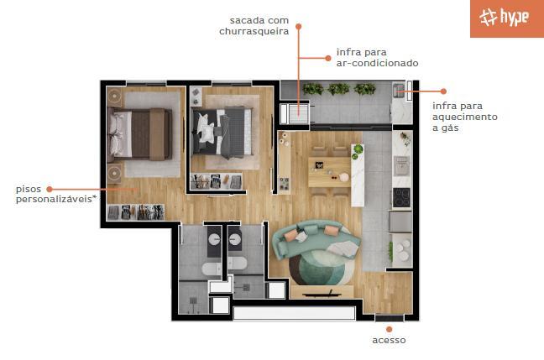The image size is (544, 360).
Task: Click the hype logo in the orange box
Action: tap(504, 17)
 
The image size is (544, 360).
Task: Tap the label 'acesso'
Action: tap(389, 340)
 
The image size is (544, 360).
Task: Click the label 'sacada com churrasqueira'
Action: tap(254, 26)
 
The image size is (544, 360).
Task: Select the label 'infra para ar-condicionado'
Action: tap(377, 58)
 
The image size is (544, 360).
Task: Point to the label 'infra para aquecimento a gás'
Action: tap(465, 117)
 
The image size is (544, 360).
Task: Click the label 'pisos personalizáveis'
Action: tap(55, 194)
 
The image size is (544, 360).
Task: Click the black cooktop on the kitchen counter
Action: tap(401, 197)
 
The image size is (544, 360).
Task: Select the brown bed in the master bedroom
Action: tap(140, 134)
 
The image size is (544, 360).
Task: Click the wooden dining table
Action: tap(329, 172)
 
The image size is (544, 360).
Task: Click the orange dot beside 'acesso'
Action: tap(389, 329)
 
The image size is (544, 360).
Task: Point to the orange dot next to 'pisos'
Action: tap(50, 189)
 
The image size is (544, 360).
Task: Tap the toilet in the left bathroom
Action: tap(212, 268)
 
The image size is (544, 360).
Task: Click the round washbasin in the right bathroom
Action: tap(235, 239)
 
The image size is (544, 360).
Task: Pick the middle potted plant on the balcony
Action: tap(338, 89)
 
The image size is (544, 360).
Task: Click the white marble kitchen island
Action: tap(358, 175)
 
